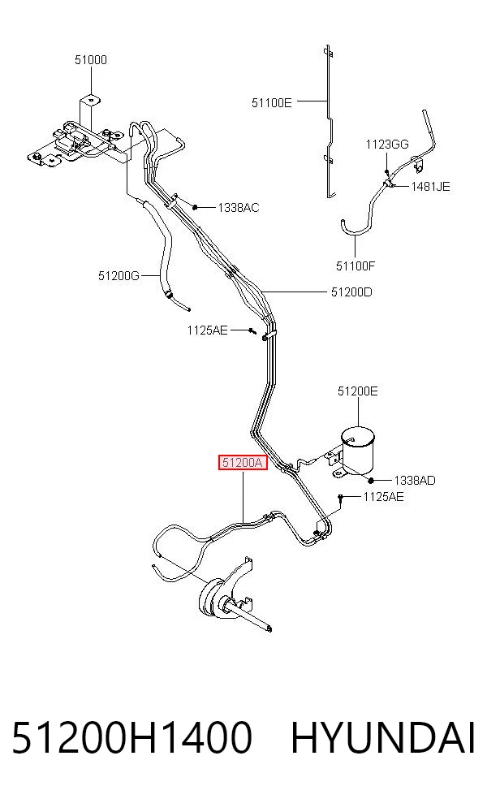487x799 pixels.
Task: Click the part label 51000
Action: [x=91, y=59]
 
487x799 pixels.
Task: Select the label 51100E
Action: [x=272, y=103]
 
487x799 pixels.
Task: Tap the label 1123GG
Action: [x=387, y=145]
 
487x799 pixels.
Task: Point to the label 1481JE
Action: [x=430, y=187]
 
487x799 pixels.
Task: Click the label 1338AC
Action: [x=239, y=207]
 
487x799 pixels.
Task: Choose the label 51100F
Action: [x=356, y=266]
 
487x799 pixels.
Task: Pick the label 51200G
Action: [x=119, y=276]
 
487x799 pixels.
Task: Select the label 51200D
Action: [x=351, y=292]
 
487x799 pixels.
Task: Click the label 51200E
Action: [x=358, y=391]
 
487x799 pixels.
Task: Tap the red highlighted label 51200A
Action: [x=243, y=463]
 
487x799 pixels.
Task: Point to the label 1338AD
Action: [x=415, y=481]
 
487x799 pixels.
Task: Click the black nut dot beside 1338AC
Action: [x=195, y=207]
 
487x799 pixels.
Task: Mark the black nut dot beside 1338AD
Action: [x=372, y=480]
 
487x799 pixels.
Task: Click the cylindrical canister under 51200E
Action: [x=357, y=449]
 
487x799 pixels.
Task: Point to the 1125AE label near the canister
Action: [x=383, y=497]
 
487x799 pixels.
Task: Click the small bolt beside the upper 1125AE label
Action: [x=252, y=331]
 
